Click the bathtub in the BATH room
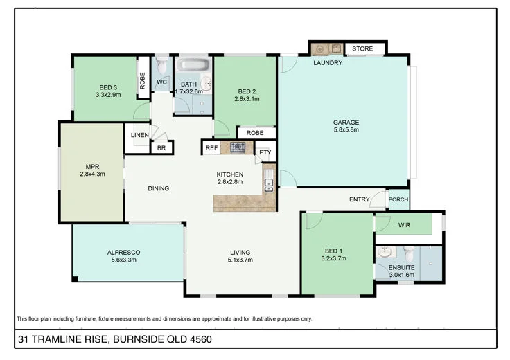tap(191, 66)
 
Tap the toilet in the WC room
tap(161, 66)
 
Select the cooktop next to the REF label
tap(238, 147)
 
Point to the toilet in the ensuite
tap(409, 251)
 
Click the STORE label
tap(362, 49)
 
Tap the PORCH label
tap(398, 200)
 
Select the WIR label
tap(404, 225)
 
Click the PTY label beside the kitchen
tap(265, 153)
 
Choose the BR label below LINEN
tap(161, 148)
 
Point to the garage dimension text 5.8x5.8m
tap(346, 129)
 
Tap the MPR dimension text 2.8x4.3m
tap(93, 174)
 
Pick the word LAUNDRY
tap(328, 63)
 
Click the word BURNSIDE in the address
tap(139, 339)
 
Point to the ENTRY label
tap(359, 199)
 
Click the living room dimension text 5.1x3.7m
tap(240, 260)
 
